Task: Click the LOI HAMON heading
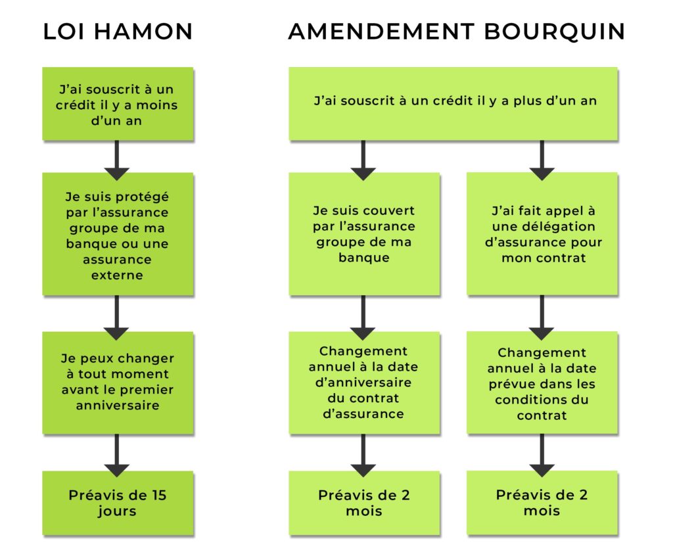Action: (118, 32)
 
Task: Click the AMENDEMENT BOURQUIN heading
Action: (456, 32)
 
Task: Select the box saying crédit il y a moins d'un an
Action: (118, 103)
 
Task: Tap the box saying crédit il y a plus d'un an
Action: (453, 103)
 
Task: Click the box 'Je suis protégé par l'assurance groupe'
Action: (118, 234)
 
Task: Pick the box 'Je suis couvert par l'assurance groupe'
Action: (364, 234)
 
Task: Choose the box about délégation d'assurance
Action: (542, 234)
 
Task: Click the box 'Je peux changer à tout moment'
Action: (118, 382)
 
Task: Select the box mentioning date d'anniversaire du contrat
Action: (364, 382)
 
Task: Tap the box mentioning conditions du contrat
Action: (542, 382)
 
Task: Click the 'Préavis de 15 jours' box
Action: (118, 503)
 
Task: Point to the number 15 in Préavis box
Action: (159, 495)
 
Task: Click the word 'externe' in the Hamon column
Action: (117, 275)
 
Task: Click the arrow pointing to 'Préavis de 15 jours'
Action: (116, 455)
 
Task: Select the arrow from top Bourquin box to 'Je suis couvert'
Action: (363, 160)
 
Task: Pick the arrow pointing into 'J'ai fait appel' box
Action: (542, 160)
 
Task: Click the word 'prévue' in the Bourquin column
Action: (510, 384)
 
